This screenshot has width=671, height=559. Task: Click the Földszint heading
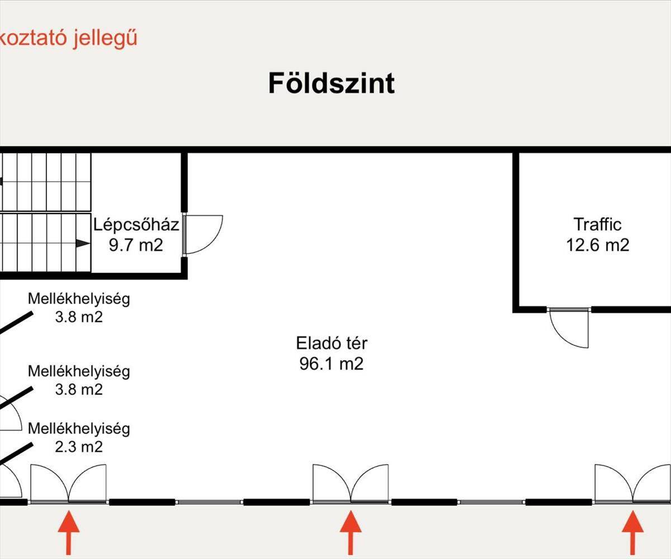tap(332, 83)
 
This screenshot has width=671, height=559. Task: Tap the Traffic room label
tap(597, 225)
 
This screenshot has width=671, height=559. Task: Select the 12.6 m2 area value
tap(597, 245)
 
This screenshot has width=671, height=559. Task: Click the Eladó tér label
tap(332, 343)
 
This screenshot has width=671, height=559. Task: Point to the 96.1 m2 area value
tap(332, 364)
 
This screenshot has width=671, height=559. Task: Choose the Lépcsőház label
tap(136, 225)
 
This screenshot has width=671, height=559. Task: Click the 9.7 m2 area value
tap(136, 245)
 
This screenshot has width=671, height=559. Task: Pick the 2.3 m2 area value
tap(79, 447)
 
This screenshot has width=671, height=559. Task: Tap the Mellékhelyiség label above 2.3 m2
tap(79, 429)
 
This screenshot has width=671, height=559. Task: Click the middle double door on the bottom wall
tap(351, 484)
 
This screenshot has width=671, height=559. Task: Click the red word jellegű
tap(105, 39)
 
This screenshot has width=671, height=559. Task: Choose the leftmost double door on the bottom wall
tap(68, 484)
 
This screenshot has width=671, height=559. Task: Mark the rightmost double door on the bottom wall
tap(633, 484)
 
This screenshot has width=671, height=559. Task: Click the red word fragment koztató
tap(32, 39)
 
